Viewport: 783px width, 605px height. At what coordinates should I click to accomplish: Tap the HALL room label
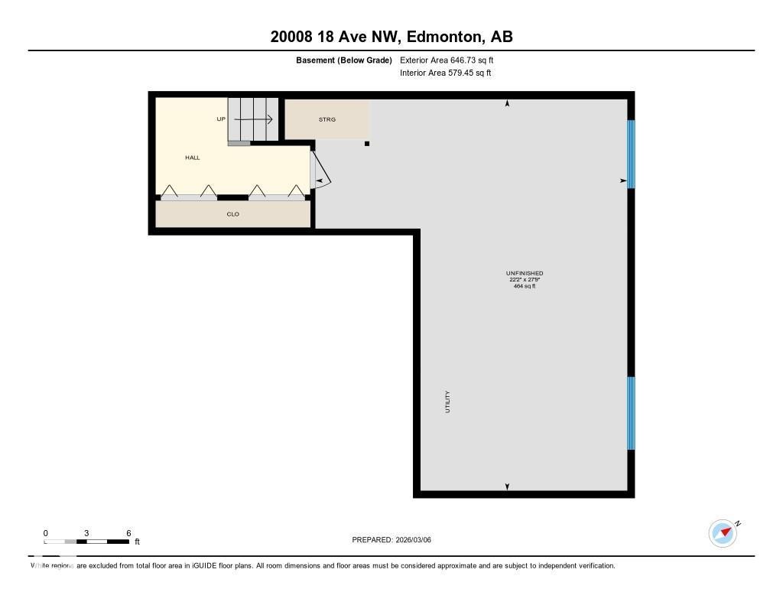point(192,158)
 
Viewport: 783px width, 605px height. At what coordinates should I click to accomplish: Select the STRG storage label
point(327,119)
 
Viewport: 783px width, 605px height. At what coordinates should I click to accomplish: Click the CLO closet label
point(233,214)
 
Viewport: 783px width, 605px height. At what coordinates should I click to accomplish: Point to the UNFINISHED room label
point(525,273)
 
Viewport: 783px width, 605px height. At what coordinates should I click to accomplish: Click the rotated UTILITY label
point(447,402)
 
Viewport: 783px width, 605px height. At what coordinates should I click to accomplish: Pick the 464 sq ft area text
point(525,286)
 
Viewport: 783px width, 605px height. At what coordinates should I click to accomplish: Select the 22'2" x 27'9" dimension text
point(525,280)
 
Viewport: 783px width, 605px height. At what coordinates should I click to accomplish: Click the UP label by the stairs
point(221,119)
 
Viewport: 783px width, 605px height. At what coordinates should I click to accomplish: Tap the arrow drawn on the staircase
point(254,119)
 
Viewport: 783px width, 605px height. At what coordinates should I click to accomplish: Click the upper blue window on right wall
point(631,154)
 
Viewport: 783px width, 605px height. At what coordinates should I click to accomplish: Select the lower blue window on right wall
point(631,413)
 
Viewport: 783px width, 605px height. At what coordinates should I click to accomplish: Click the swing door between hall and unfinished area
point(320,172)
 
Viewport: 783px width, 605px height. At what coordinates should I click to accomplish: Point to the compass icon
point(723,533)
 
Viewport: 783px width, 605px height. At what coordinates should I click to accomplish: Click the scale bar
point(86,542)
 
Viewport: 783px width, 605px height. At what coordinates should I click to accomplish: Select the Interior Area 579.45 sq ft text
point(445,73)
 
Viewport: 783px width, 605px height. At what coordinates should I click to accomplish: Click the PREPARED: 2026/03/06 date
point(391,540)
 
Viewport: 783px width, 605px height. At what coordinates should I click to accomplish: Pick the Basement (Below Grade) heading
point(344,60)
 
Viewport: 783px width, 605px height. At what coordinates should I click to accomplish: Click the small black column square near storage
point(367,143)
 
